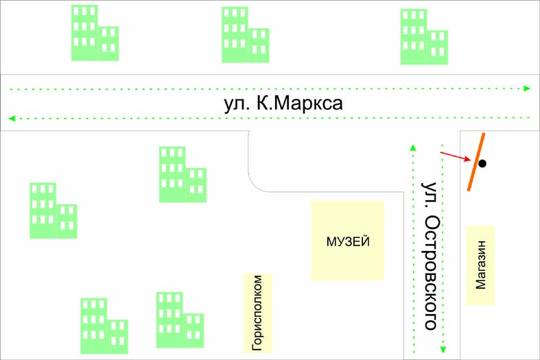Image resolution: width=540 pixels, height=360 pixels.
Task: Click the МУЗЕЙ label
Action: coord(348,241)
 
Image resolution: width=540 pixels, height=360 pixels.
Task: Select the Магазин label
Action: coord(480,265)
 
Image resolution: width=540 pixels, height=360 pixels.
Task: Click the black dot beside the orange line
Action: coord(482,163)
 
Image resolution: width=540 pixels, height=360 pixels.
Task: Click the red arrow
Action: coord(455,157)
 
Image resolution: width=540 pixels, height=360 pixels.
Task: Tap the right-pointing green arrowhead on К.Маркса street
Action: coord(527,88)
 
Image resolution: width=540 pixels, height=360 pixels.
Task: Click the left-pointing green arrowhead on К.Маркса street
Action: coord(11,119)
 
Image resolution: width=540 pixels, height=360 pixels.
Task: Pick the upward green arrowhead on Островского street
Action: coord(412,146)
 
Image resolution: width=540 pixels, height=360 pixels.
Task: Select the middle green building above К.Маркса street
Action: coord(244,36)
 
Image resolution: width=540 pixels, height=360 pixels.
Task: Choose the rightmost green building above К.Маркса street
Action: coord(423,38)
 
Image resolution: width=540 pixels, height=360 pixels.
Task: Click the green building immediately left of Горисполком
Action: coord(179,321)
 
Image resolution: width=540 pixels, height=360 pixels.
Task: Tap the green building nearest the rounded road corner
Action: coord(182,176)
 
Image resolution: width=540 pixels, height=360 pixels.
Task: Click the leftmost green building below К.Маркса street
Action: coord(52,211)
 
